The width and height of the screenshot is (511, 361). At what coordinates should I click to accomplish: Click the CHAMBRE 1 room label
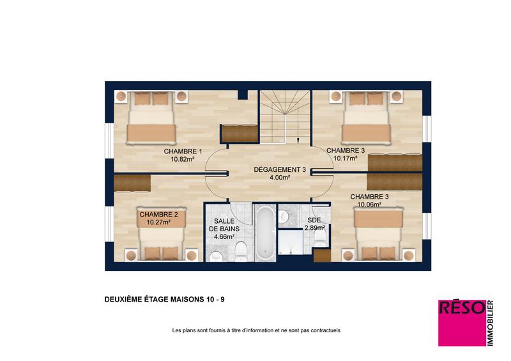[183, 151]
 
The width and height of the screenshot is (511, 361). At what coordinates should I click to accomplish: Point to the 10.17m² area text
[346, 158]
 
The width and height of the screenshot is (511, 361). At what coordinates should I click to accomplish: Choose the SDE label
[314, 219]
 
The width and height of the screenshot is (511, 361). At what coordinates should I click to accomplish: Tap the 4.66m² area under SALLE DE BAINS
[224, 236]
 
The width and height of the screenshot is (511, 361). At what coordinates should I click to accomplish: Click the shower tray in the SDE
[296, 244]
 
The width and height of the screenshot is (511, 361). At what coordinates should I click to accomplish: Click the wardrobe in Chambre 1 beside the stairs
[238, 133]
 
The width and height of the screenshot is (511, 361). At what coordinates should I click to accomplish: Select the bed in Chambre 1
[151, 118]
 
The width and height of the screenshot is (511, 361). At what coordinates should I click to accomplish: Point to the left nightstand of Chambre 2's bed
[132, 254]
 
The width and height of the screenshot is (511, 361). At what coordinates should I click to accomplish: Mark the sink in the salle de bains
[215, 256]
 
